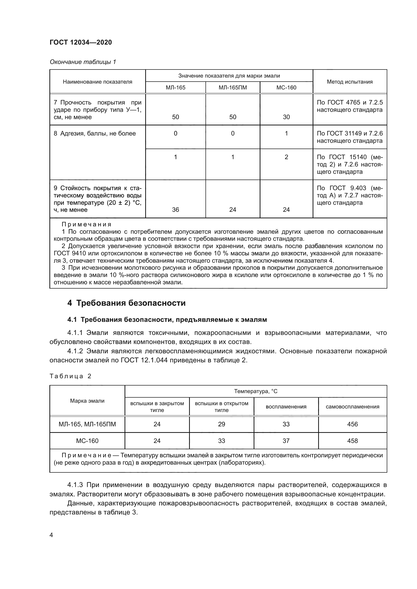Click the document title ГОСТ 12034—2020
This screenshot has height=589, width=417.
tap(81, 42)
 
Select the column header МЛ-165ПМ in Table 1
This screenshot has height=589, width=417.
tap(233, 87)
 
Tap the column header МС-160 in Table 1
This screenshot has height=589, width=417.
tap(286, 87)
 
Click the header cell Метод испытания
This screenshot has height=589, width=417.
tap(349, 82)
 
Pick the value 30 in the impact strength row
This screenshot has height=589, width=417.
tap(286, 117)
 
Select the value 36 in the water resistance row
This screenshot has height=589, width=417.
tap(175, 210)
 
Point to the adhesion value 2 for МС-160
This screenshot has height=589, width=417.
tap(286, 157)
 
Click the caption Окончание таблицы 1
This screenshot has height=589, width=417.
tap(83, 62)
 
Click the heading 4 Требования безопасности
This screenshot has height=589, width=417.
tap(126, 303)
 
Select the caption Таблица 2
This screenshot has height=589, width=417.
tap(70, 376)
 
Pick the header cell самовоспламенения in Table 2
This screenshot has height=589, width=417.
tap(352, 407)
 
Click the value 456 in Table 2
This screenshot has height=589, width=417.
tap(352, 424)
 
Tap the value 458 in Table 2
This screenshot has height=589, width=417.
tap(352, 441)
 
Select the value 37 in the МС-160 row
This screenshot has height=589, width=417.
tap(286, 441)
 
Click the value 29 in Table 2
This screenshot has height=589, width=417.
tap(221, 424)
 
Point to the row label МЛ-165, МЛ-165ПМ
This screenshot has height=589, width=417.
tap(87, 424)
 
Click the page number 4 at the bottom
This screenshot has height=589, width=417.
tap(51, 535)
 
